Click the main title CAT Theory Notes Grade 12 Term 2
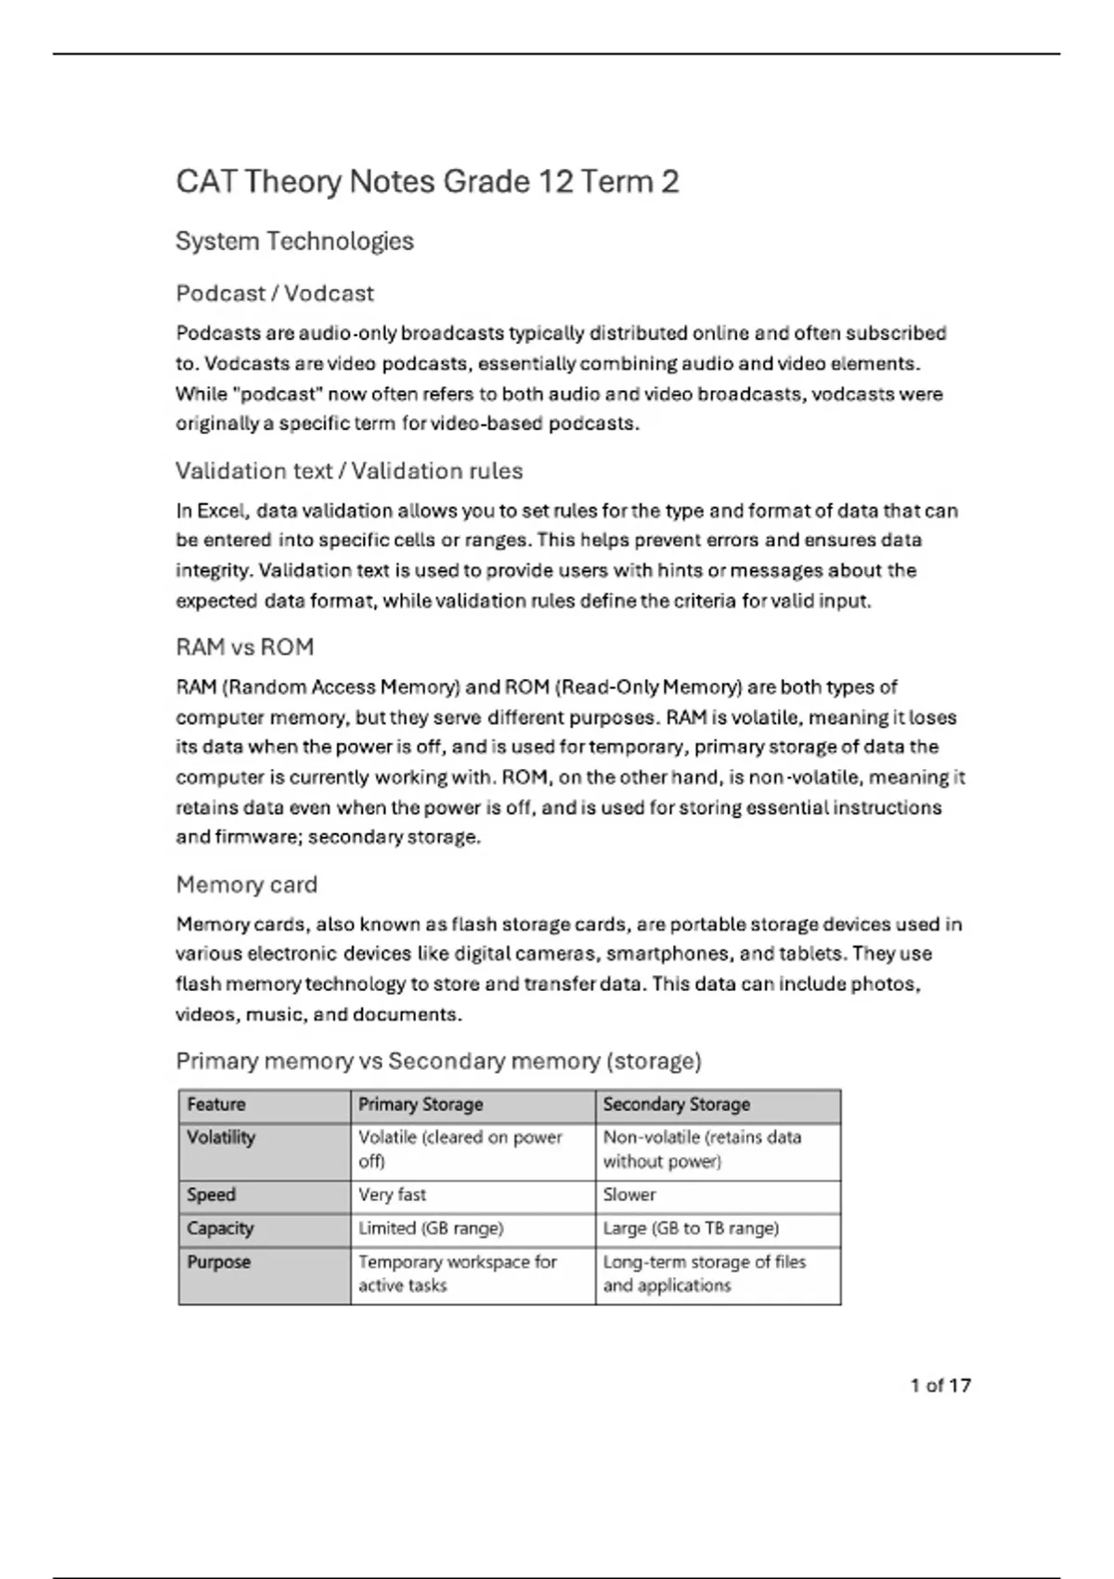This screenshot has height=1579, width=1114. (x=427, y=181)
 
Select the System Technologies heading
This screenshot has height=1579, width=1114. (x=294, y=241)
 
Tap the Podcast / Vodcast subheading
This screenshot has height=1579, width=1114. (x=275, y=294)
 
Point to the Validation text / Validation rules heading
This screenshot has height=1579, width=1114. (x=349, y=471)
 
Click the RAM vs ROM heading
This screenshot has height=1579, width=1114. (x=245, y=647)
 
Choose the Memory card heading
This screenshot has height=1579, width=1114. (x=246, y=884)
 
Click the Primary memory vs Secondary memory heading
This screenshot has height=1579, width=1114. (x=438, y=1061)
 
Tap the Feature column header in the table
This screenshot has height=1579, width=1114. (x=216, y=1104)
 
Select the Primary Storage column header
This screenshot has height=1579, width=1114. (x=421, y=1104)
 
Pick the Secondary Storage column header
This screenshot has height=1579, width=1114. (x=676, y=1104)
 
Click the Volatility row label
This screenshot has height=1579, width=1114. (x=221, y=1137)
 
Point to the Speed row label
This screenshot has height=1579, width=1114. (x=211, y=1194)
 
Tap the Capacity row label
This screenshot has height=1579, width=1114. (x=220, y=1228)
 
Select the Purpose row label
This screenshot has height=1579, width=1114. (x=219, y=1261)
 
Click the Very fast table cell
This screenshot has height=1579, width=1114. (x=393, y=1194)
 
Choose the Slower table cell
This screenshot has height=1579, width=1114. (x=629, y=1194)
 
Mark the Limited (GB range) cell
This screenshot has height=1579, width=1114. (x=431, y=1228)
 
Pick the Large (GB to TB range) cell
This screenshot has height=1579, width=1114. (x=691, y=1228)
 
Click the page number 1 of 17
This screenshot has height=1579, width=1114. (x=940, y=1385)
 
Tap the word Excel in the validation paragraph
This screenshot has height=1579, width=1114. (x=222, y=511)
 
